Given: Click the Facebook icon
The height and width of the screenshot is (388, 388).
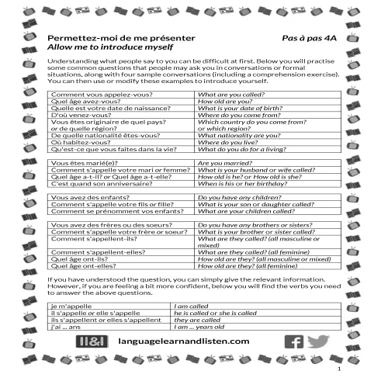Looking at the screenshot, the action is [x=295, y=341].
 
